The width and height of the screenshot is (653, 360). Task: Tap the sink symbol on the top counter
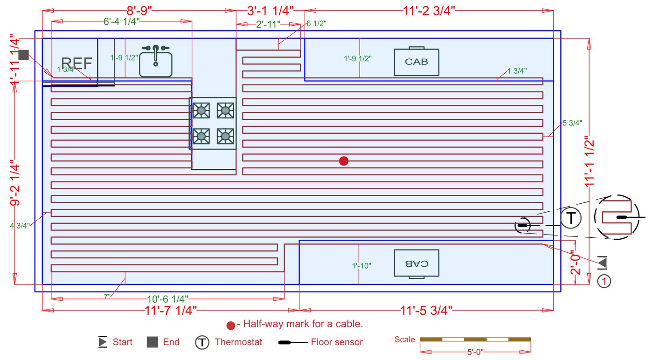(156, 62)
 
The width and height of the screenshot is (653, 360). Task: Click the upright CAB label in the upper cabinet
(417, 62)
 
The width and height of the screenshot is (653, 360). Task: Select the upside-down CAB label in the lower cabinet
(417, 263)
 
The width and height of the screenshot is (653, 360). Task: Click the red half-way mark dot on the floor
(344, 161)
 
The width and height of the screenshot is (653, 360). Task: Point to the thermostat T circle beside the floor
(571, 218)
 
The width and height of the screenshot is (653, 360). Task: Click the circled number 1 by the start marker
(604, 281)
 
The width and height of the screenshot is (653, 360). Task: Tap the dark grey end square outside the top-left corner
(24, 55)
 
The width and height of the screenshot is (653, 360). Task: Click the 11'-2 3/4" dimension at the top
(429, 10)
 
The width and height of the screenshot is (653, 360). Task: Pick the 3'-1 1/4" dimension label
(270, 10)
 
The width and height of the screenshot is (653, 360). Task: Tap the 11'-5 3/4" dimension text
(426, 310)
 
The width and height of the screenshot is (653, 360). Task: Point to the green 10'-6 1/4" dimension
(167, 298)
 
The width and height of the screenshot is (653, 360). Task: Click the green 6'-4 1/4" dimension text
(121, 21)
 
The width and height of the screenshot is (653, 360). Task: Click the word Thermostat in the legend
(238, 342)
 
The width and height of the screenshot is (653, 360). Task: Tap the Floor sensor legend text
(337, 342)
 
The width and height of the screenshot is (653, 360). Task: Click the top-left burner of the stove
(201, 111)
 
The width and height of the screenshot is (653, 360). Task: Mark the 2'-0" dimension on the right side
(577, 264)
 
